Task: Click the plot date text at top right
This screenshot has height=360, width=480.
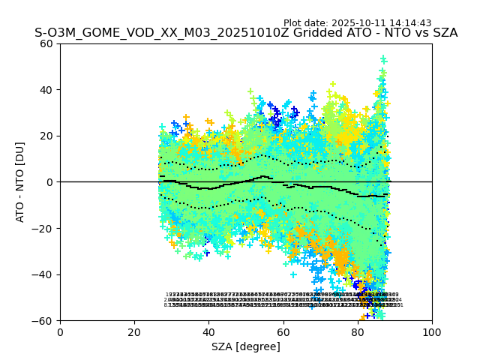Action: (357, 23)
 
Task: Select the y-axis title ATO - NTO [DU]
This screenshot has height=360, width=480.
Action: (21, 181)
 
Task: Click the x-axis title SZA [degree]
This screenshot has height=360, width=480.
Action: (245, 346)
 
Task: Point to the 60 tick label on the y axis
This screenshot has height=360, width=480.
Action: (46, 43)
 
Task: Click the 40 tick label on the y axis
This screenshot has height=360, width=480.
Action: (46, 90)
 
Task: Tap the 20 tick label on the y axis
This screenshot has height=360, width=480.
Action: (46, 136)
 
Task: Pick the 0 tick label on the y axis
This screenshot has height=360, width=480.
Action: (49, 182)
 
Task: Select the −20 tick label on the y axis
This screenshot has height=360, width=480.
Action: (43, 228)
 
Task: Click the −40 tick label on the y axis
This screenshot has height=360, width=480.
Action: (43, 274)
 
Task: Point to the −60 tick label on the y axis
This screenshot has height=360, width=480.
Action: (43, 320)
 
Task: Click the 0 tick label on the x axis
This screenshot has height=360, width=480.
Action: (60, 331)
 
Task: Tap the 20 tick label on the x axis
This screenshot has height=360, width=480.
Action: (134, 331)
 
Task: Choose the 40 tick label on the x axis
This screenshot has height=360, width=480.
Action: (208, 331)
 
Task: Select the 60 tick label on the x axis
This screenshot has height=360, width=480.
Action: (283, 331)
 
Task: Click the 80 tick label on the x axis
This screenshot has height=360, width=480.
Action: (357, 331)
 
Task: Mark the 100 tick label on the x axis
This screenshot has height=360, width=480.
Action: (431, 331)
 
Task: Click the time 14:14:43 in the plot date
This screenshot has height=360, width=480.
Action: (410, 23)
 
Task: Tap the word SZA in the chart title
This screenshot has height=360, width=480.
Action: (443, 33)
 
